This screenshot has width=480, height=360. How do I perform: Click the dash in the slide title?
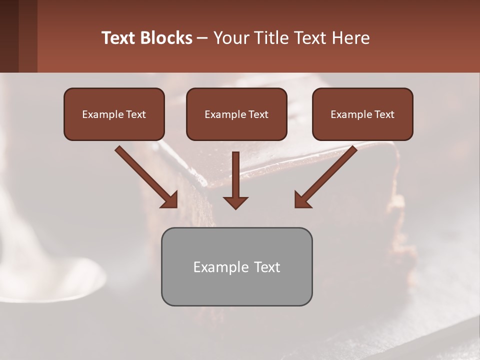tap(202, 38)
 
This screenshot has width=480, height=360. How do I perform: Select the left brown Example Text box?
tap(114, 114)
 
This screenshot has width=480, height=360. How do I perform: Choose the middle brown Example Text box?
tap(236, 114)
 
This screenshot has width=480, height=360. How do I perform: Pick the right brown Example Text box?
tap(362, 114)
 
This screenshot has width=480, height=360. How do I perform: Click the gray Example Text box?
tap(236, 266)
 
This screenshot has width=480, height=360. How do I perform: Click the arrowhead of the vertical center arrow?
tap(235, 202)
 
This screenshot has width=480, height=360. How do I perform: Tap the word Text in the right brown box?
tap(384, 114)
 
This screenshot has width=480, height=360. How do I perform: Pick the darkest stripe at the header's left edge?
tap(9, 36)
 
